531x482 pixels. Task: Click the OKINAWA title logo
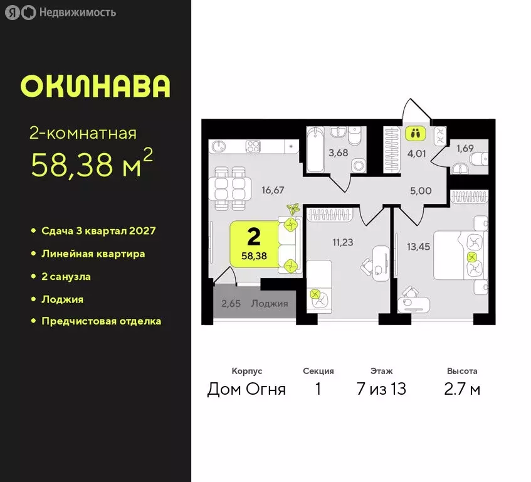[x=95, y=87]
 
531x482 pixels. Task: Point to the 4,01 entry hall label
[x=414, y=152]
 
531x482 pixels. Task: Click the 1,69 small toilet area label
[x=465, y=149]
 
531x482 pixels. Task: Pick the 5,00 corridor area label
[x=421, y=191]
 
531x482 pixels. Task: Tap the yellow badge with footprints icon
[x=414, y=133]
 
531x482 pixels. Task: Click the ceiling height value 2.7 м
[x=462, y=389]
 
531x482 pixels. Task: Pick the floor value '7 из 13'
[x=381, y=389]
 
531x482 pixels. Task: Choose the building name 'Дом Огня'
[x=246, y=389]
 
